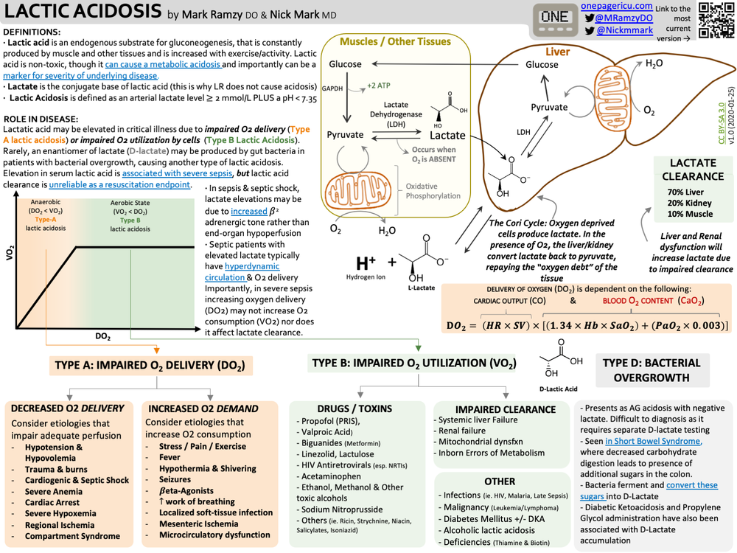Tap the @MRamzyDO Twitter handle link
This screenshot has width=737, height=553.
pyautogui.click(x=624, y=18)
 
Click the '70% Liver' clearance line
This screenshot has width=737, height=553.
pyautogui.click(x=685, y=192)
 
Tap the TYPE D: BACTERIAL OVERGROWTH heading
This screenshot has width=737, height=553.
pyautogui.click(x=652, y=369)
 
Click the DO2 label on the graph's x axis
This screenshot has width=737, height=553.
pyautogui.click(x=103, y=336)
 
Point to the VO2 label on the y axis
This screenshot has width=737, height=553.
pyautogui.click(x=11, y=252)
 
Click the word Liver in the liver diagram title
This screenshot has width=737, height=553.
pyautogui.click(x=557, y=52)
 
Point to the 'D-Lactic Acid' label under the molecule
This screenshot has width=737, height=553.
pyautogui.click(x=558, y=388)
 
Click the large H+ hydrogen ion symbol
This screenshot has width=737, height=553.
pyautogui.click(x=366, y=262)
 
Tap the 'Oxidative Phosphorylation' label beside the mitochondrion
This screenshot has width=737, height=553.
pyautogui.click(x=433, y=191)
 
